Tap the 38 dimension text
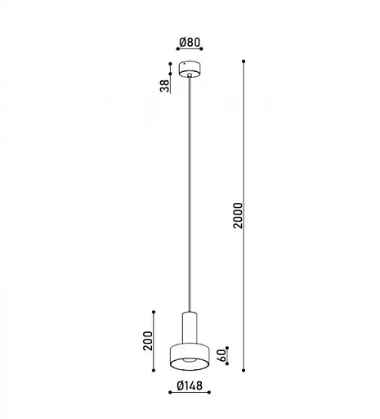(x=164, y=86)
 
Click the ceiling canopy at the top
(x=190, y=70)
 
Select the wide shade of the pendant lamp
(x=190, y=355)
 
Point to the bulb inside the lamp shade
(x=190, y=361)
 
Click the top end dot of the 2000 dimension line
(x=245, y=62)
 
